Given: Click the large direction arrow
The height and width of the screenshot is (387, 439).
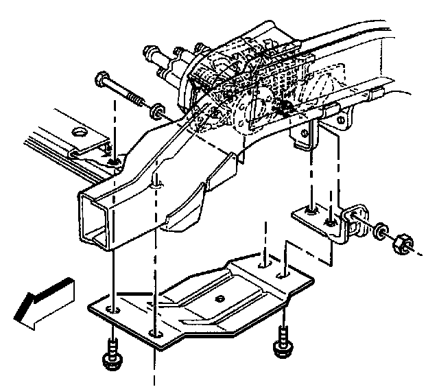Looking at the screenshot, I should [x=43, y=302].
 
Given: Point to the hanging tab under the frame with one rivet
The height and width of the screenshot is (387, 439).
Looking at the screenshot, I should [x=303, y=138].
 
